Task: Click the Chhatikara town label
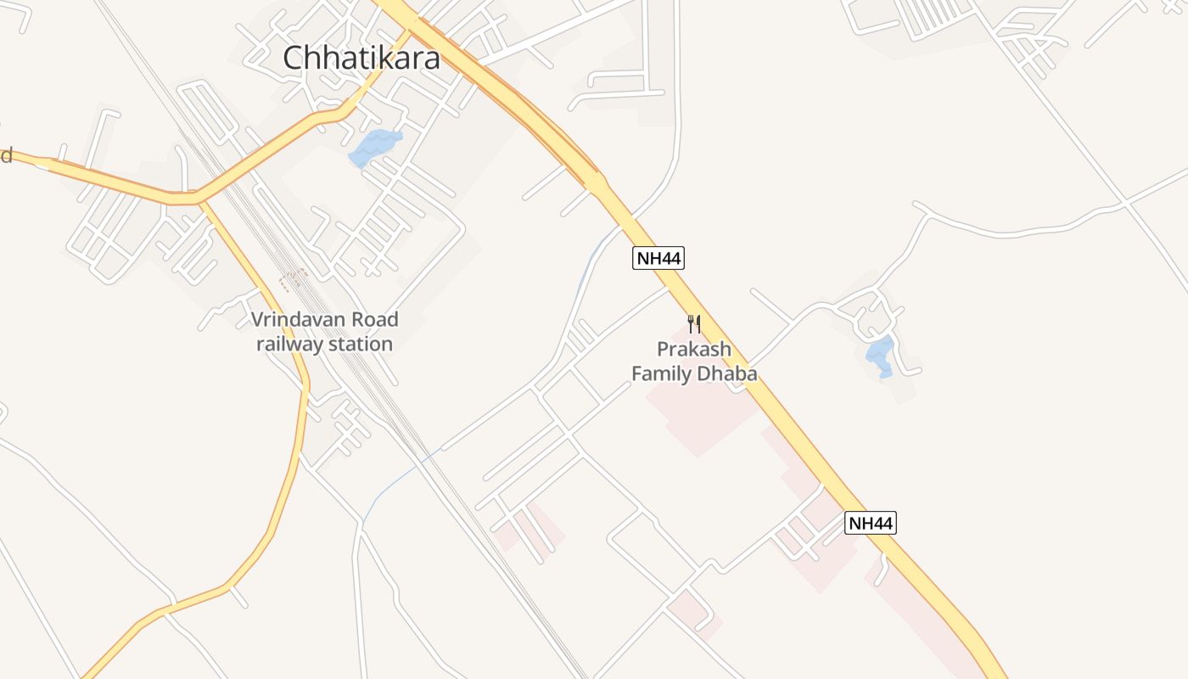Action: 361,58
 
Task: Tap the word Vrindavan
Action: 294,321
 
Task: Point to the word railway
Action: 287,344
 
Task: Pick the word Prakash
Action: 694,350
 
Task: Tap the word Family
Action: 662,373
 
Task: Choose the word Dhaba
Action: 727,373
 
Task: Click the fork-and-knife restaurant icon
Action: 694,323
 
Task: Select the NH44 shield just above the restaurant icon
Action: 658,258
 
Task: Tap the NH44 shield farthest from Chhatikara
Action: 871,523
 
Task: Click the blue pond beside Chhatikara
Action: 374,147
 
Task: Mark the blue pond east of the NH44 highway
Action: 880,355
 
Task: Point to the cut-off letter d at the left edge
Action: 6,154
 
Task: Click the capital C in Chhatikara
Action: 293,59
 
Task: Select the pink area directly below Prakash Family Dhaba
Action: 701,416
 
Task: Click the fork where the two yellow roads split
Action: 200,201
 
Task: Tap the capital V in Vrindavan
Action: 258,321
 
